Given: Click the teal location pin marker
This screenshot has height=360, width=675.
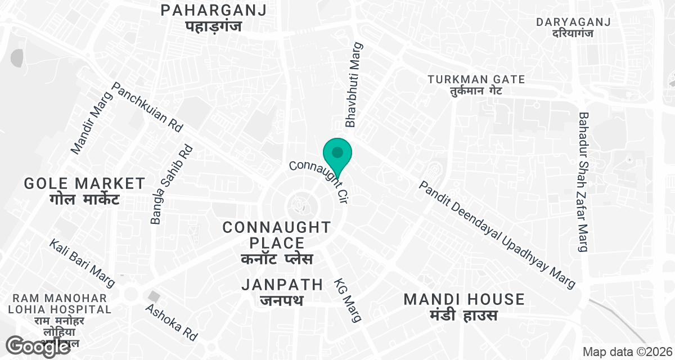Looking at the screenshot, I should [337, 154].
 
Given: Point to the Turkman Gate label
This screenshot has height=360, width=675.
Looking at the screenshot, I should [476, 84].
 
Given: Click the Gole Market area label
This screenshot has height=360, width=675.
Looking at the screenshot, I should [85, 190].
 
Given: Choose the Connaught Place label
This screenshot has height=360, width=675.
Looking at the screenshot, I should [277, 243].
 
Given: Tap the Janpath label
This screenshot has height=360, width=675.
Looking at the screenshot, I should [282, 291].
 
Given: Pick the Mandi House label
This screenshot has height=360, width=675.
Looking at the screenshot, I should [464, 307].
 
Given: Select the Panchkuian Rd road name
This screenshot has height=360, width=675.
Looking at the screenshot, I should [148, 107].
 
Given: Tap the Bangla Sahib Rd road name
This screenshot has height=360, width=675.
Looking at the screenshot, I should [172, 184].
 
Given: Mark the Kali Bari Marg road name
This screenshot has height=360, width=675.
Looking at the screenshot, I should [82, 263].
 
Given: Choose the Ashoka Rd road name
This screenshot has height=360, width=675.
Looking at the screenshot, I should [172, 322].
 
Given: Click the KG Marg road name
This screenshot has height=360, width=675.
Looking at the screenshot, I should [348, 300].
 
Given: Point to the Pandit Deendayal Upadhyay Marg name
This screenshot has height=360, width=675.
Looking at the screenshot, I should [498, 235].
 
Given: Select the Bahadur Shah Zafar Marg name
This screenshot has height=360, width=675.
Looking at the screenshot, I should [583, 182].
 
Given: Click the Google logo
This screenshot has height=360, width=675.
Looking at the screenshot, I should [38, 346].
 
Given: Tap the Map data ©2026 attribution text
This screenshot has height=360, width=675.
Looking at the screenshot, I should [626, 352].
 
